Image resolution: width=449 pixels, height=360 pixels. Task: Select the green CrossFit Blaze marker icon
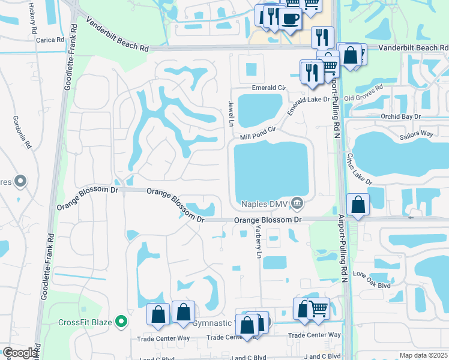click(x=121, y=322)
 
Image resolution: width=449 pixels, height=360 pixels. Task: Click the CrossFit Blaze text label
click(x=85, y=322)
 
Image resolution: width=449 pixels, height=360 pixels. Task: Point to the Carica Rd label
click(x=50, y=40)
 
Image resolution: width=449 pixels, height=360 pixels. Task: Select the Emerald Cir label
click(x=269, y=88)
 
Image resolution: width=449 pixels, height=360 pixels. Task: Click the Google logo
click(x=20, y=353)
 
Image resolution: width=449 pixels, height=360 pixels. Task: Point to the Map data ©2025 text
click(x=423, y=355)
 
